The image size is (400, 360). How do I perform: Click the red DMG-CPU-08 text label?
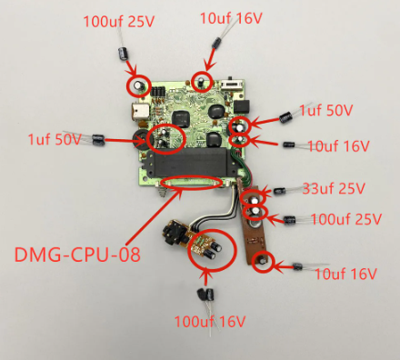coord(78,253)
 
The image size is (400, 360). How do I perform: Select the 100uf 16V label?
coord(211,321)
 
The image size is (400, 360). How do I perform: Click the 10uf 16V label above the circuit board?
coord(231,17)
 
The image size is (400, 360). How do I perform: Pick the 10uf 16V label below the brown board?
coord(344,273)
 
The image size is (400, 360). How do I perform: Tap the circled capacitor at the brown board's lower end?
coord(263,262)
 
